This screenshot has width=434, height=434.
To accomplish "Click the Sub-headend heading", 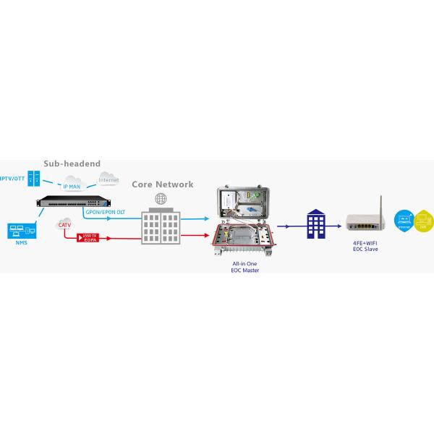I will click(x=72, y=164).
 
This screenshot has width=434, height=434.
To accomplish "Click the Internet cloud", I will click(x=109, y=179).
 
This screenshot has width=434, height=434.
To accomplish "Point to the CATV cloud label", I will click(x=64, y=226).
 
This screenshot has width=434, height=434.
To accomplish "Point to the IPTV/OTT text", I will click(x=10, y=179).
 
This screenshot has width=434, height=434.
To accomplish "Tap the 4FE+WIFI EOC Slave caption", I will click(x=363, y=247).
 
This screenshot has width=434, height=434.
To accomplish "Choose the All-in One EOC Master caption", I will click(x=242, y=267).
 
